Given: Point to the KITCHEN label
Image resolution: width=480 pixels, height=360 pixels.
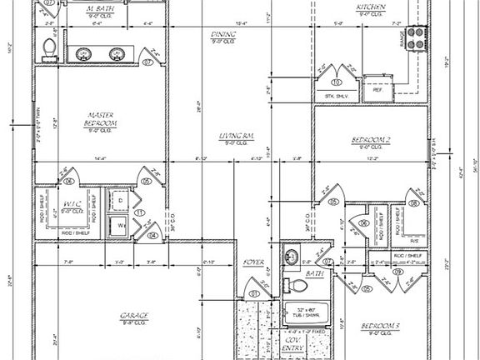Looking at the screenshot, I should click(x=370, y=7).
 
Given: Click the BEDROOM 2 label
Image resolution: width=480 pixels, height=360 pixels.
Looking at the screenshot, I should click(x=371, y=139).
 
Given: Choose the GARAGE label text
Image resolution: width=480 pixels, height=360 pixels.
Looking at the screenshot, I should click(x=133, y=314).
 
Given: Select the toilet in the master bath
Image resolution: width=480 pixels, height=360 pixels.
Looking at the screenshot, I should click(x=48, y=49).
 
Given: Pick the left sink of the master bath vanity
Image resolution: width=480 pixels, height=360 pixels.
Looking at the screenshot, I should click(x=84, y=54).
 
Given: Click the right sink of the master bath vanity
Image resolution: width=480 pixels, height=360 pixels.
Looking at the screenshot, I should click(x=116, y=54).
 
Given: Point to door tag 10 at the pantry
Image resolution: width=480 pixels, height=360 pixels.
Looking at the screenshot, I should click(x=337, y=82).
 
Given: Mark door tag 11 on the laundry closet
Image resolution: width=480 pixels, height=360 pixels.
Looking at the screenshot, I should click(x=141, y=213).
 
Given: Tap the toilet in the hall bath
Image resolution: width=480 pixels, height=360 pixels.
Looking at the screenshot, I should click(x=296, y=286).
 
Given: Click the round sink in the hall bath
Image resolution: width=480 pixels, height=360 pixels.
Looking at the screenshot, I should click(x=292, y=256).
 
